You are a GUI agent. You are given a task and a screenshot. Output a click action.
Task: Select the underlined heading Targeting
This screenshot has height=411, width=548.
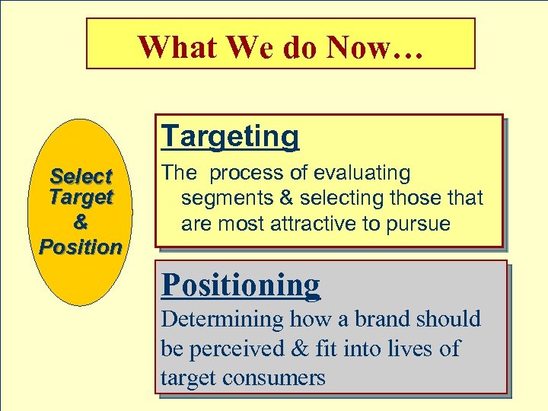point(231,137)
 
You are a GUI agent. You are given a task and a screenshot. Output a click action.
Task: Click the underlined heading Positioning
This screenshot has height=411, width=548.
point(241,285)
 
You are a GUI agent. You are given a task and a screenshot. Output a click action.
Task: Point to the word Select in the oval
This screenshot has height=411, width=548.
point(81,177)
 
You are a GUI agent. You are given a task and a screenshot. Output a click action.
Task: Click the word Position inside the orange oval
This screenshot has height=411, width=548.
point(81,247)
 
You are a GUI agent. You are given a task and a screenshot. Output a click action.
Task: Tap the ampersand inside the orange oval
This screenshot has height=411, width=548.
point(81,223)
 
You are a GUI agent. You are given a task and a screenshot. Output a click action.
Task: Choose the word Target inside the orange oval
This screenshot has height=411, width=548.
point(81,198)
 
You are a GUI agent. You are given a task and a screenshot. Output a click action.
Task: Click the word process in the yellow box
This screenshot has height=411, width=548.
point(243,174)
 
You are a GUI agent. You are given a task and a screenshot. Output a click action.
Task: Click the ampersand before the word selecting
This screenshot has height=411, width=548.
point(284,199)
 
